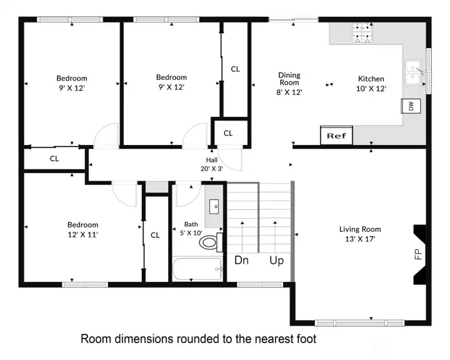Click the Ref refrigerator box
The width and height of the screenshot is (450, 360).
point(336,135)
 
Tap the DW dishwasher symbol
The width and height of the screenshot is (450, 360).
point(411,106)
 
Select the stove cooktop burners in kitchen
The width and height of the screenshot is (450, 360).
point(362,32)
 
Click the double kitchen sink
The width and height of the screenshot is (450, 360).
point(413,72)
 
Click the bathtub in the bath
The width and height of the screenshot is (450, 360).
point(197,269)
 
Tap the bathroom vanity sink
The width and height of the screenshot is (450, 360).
point(214,207)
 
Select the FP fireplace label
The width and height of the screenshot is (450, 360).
point(418,254)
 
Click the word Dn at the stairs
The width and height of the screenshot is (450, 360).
point(241,261)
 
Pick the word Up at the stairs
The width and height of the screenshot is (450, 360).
point(276,261)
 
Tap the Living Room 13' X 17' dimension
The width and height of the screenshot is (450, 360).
point(360,239)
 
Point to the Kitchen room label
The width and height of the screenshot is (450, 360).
point(371,79)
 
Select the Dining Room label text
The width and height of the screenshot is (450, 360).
point(289,79)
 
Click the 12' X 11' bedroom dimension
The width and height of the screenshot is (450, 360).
point(83,234)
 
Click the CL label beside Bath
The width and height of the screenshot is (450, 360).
point(155,236)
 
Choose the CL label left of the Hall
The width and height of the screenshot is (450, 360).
point(54,159)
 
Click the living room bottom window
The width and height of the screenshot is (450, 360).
point(359,323)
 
